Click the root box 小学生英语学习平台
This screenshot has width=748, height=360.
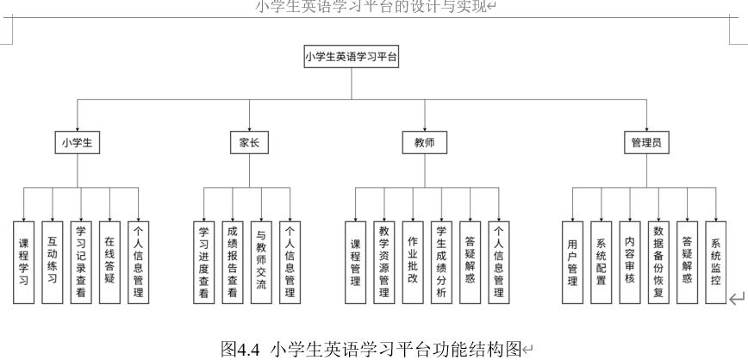(351, 58)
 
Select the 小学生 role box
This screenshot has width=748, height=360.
(77, 144)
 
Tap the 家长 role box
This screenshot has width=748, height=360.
(249, 144)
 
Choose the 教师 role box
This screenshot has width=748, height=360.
(424, 144)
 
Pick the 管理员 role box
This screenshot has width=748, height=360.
(645, 144)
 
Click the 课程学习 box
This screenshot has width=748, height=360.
(24, 262)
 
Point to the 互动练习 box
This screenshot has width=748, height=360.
(53, 262)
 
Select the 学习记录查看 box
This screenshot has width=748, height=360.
(81, 262)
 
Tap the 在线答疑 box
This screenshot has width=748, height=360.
(109, 262)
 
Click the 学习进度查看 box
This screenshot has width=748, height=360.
(204, 262)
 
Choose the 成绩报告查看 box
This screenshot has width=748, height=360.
(233, 262)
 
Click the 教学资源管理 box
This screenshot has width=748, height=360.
(384, 262)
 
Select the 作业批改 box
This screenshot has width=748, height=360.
(413, 262)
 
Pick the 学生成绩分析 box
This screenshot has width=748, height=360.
(441, 262)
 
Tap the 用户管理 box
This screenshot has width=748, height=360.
(573, 262)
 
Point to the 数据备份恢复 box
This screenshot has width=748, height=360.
(658, 262)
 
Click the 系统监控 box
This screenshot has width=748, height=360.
(715, 262)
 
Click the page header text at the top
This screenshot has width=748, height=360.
(373, 8)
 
